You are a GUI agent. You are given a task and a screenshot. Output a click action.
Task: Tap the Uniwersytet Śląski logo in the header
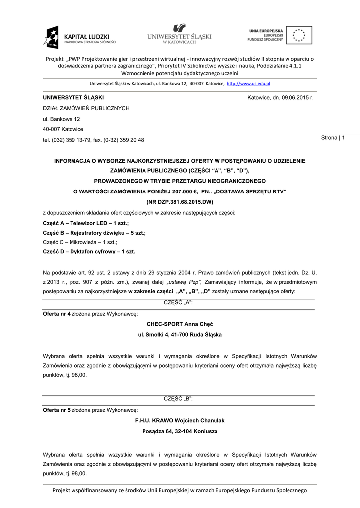coord(179,34)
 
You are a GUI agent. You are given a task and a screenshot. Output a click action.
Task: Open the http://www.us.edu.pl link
coord(248,84)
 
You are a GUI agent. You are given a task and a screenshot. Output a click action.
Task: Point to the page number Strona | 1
coord(336,137)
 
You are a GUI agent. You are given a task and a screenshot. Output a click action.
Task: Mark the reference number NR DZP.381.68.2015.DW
coord(179,202)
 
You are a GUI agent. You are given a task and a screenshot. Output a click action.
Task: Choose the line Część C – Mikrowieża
coord(80,242)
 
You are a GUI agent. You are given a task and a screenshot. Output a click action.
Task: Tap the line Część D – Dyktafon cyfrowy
coord(89,251)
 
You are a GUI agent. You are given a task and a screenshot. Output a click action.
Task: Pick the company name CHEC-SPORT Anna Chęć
coord(179,324)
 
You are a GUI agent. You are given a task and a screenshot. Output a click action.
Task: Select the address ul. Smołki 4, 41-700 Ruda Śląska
coord(179,335)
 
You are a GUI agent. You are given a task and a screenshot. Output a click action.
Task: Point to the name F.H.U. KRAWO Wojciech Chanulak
coord(179,420)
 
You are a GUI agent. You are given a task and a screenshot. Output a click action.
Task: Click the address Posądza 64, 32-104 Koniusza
coord(179,431)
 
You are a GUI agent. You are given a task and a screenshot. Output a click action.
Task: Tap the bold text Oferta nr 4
coord(57,314)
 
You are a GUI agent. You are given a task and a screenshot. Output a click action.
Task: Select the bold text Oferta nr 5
coord(57,410)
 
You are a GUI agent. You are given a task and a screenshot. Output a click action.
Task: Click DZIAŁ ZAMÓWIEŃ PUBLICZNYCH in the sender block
coord(85,108)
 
